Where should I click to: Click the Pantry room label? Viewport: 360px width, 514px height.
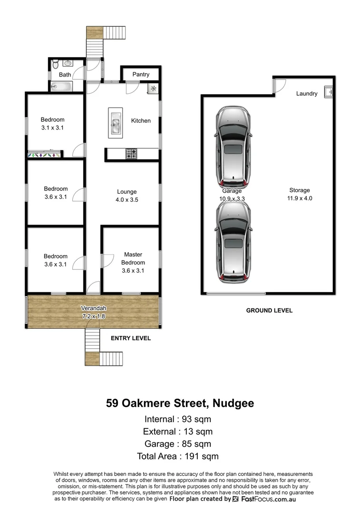tap(141, 74)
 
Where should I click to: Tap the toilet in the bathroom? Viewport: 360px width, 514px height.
tap(55, 64)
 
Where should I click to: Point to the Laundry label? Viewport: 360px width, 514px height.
tap(306, 94)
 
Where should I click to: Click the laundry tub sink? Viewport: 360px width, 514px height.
tap(328, 91)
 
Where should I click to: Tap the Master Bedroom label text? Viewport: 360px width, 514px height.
tap(133, 258)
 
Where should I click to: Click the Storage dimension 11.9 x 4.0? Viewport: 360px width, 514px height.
tap(299, 198)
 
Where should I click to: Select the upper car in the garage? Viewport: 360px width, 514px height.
tap(233, 147)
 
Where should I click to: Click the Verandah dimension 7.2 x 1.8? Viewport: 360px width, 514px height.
tap(93, 316)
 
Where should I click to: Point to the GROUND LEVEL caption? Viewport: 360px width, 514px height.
tap(269, 310)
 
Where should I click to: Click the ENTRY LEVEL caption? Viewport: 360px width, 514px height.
tap(130, 338)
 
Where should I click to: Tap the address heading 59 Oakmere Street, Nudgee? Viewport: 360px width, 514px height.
tap(180, 404)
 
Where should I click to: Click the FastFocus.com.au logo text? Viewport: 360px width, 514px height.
tap(268, 499)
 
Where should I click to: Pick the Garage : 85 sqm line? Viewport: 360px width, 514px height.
tap(178, 444)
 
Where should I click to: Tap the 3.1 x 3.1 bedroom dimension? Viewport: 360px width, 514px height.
tap(52, 128)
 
